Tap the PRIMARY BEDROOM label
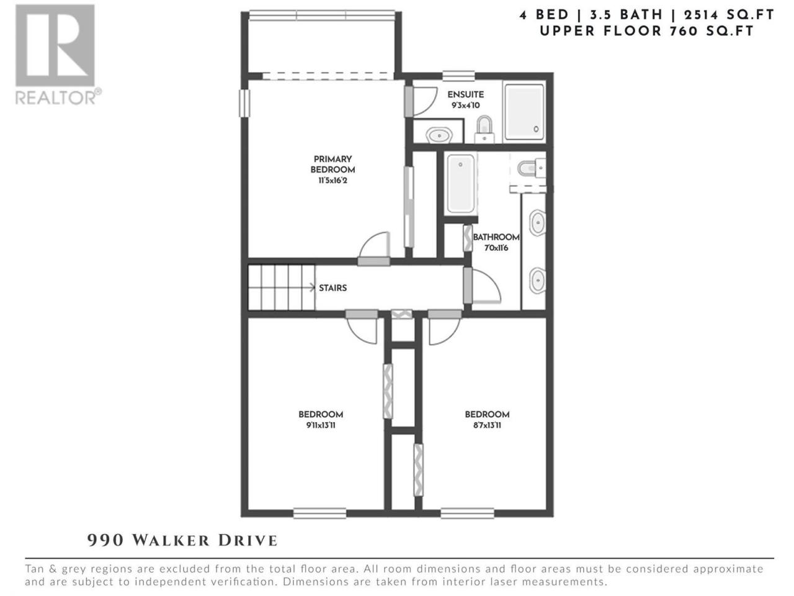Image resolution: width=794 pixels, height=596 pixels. [x=332, y=165]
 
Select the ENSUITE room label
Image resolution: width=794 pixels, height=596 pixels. [x=465, y=94]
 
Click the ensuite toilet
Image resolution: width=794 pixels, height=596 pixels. [x=484, y=129]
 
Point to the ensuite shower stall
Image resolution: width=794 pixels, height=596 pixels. [x=524, y=112]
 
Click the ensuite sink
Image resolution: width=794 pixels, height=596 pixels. [x=439, y=135]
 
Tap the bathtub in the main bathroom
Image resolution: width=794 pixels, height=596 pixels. [x=460, y=184]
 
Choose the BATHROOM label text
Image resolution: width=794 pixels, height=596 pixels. [x=496, y=237]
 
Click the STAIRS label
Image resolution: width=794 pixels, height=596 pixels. [x=332, y=288]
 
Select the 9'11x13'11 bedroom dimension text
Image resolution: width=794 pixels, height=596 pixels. [x=321, y=425]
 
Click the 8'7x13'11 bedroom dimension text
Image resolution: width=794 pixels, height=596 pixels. [x=487, y=425]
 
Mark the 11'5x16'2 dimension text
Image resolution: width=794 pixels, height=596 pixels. [x=332, y=180]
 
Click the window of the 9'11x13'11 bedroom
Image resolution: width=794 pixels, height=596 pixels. [x=319, y=513]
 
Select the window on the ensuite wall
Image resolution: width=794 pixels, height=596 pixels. [x=458, y=76]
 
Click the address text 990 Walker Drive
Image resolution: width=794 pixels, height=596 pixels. [x=182, y=541]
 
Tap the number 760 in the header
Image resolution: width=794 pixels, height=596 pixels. [x=684, y=31]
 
